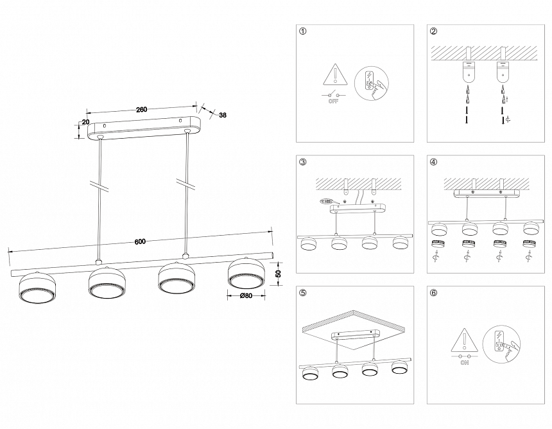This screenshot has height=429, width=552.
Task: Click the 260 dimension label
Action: click(x=142, y=109)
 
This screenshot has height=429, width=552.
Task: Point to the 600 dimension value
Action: click(x=140, y=242)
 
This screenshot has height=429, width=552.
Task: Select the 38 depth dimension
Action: click(x=222, y=116)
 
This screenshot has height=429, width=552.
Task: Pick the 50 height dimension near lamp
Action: click(x=278, y=274)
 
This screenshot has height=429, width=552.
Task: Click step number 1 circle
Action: click(x=303, y=31)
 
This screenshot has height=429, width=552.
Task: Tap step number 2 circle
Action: click(x=434, y=31)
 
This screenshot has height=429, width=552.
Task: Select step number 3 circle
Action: click(x=303, y=162)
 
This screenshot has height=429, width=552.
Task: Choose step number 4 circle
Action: click(x=434, y=162)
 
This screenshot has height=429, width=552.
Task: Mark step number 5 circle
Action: click(x=303, y=293)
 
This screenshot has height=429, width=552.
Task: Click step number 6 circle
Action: click(x=434, y=293)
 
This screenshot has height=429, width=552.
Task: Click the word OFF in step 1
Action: click(x=333, y=101)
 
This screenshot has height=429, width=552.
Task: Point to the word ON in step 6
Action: click(x=464, y=362)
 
